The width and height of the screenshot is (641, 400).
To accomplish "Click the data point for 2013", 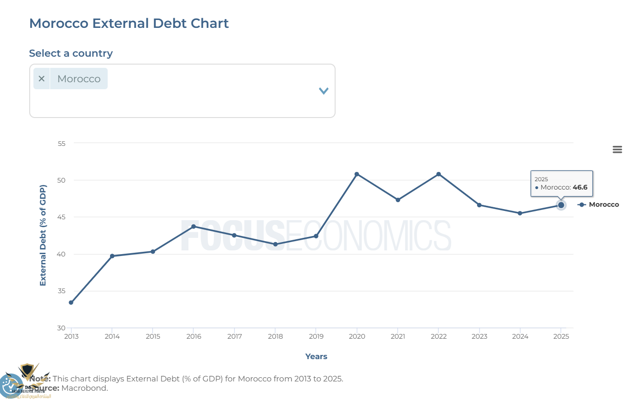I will click(x=71, y=302).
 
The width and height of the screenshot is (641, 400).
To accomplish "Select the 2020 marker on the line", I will click(x=356, y=174).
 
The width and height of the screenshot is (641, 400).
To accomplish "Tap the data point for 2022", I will click(x=439, y=174).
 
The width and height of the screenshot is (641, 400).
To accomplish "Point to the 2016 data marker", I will click(x=194, y=226).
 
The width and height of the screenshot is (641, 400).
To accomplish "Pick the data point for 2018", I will click(x=275, y=244).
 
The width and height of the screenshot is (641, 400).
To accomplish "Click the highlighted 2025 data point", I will click(x=561, y=205).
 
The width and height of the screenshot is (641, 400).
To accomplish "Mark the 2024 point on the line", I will click(x=520, y=213).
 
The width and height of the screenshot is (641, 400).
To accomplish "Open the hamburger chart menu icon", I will click(x=617, y=149).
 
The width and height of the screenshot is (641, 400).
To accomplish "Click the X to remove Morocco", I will click(x=41, y=79).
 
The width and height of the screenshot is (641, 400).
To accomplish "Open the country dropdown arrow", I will click(x=324, y=91).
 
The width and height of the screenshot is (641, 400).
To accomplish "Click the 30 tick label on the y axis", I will click(x=61, y=328).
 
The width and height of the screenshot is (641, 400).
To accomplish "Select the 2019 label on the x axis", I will click(x=316, y=336).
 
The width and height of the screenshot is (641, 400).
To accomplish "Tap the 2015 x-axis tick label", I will click(x=153, y=336).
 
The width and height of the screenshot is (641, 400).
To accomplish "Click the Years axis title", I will click(x=316, y=356).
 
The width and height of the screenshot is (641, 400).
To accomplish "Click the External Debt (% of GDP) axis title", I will click(x=43, y=236).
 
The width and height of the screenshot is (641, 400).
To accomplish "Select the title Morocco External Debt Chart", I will click(x=129, y=23).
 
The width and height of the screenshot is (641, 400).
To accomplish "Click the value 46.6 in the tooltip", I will click(x=580, y=187).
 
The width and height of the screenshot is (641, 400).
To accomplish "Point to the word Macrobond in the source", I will click(x=84, y=388).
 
